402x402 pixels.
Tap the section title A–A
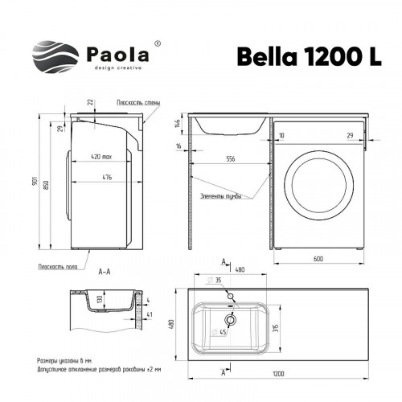104,273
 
